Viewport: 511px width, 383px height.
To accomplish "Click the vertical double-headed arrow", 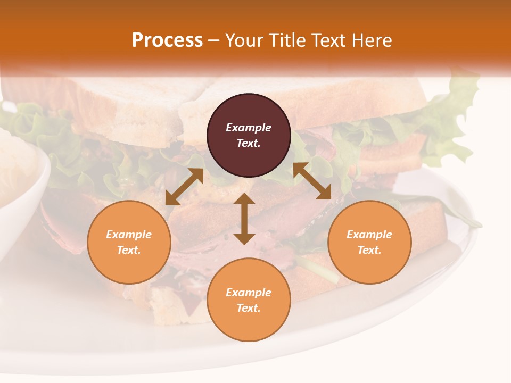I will click(244, 219).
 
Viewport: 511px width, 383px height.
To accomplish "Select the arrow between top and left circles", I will click(184, 187).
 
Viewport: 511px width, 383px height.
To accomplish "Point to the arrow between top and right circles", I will click(312, 181).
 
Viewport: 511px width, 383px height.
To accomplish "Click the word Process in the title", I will click(167, 40).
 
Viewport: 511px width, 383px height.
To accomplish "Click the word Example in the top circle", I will click(249, 128).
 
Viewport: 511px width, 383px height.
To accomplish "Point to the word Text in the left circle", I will click(129, 250).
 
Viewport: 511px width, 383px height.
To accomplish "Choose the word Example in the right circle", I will click(369, 235).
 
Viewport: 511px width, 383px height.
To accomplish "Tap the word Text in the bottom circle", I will click(249, 308).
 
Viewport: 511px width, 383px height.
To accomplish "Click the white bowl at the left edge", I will click(21, 176).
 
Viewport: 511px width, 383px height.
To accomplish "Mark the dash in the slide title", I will click(213, 40).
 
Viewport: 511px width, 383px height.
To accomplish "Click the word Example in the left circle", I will click(129, 235).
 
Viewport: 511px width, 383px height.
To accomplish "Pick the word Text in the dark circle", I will click(249, 143).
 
